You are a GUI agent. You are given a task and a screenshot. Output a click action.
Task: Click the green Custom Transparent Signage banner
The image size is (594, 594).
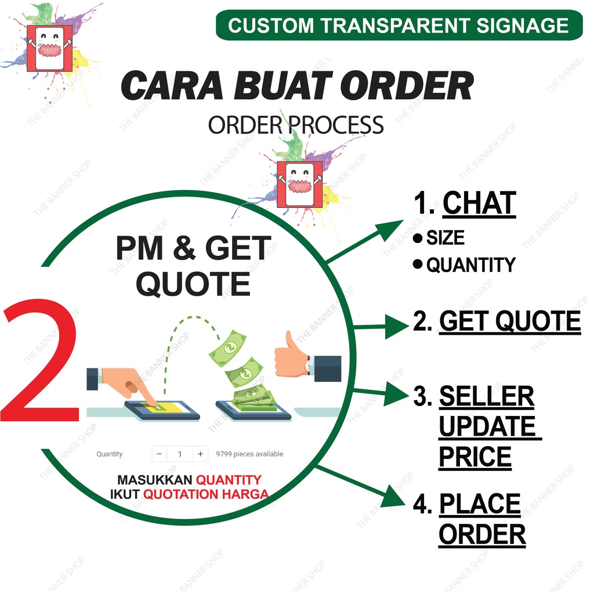(399, 26)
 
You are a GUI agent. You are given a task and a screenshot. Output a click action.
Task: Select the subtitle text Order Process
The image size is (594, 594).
(296, 125)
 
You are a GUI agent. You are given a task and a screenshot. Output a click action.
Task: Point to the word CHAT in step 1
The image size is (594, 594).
(479, 204)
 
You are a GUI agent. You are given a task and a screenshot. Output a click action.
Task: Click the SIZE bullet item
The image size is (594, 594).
(445, 238)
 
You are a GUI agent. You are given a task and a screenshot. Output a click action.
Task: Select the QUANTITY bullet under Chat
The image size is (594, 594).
(470, 265)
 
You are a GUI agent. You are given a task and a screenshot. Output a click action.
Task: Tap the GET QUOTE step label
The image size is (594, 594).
(509, 321)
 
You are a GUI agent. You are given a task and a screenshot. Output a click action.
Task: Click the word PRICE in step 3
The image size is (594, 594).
(475, 457)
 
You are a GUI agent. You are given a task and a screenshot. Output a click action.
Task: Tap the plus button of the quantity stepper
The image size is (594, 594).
(200, 454)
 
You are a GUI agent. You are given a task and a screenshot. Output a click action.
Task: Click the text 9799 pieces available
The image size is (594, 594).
(249, 454)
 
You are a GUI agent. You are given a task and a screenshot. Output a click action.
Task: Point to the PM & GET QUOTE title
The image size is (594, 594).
(193, 266)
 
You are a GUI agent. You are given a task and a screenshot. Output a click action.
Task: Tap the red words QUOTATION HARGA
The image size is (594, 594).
(206, 494)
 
